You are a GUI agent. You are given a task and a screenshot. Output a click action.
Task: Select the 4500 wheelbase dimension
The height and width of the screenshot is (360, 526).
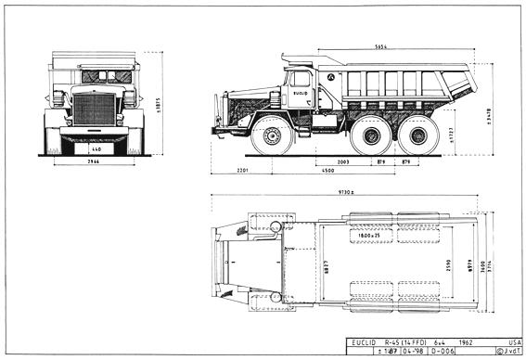click(327, 171)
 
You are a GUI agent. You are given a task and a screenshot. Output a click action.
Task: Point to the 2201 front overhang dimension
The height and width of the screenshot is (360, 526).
click(243, 171)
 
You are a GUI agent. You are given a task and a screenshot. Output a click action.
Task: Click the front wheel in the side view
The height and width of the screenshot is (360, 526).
click(272, 135)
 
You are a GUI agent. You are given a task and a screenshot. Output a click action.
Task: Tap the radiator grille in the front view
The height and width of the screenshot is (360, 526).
click(94, 109)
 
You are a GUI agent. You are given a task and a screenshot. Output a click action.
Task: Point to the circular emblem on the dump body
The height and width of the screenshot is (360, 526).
click(329, 77)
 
